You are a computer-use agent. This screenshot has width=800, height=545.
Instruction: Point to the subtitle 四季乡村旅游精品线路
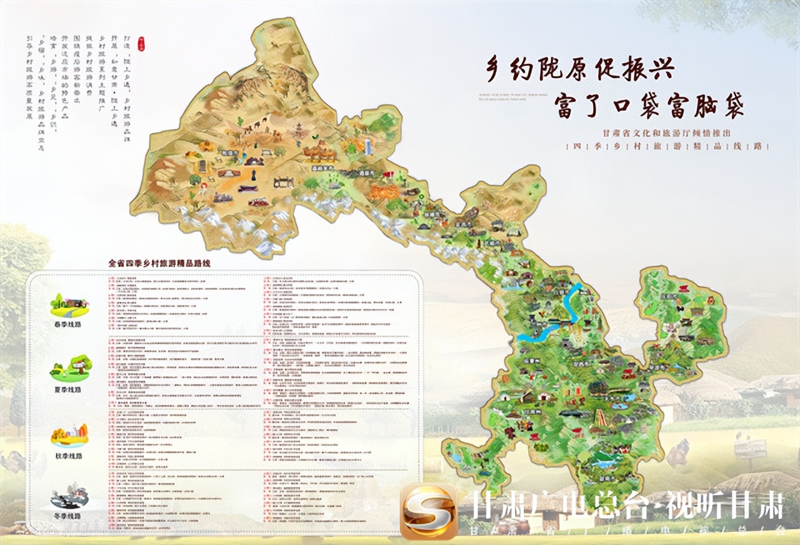point(667,146)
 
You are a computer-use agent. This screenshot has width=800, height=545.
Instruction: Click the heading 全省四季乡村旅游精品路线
point(159,263)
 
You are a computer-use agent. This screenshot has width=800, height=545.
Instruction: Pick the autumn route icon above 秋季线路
point(69,435)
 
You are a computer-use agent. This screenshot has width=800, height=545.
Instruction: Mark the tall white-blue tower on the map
point(369,147)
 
